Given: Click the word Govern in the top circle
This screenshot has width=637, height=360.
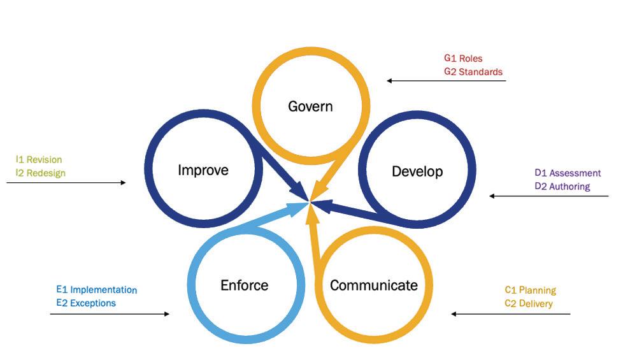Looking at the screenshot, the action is point(310,106).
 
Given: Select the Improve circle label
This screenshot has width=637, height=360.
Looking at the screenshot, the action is point(203,170).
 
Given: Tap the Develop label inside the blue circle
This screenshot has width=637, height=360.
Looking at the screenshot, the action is point(417,171).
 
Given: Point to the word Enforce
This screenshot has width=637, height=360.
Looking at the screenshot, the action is point(244,285).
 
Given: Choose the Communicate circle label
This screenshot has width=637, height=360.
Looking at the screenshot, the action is point(373,285).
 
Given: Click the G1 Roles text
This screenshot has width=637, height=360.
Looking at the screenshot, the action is point(463,59).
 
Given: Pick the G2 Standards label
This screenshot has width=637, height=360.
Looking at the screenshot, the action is point(473,72).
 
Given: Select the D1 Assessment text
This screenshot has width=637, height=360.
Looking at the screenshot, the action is point(568,173).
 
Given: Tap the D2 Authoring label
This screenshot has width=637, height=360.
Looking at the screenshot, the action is point(562,187).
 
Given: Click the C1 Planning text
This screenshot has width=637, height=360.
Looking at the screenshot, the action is point(530,291).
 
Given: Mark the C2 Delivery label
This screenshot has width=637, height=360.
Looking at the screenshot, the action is point(528,304).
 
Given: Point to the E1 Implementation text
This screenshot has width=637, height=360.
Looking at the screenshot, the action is point(96,290).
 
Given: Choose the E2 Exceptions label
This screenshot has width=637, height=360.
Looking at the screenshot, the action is point(86,303).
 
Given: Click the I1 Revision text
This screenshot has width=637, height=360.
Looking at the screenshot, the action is point(39,160).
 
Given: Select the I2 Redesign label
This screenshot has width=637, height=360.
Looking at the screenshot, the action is point(41,173).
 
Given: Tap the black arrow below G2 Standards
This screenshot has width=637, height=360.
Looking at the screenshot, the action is point(447,81).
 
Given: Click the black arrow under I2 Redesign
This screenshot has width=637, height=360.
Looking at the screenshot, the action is point(66,183).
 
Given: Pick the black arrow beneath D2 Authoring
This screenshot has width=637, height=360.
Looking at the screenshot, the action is point(549,196).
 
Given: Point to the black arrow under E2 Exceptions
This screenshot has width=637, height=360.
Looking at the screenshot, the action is point(110,314).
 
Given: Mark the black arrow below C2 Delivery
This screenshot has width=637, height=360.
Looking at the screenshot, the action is point(511,314).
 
